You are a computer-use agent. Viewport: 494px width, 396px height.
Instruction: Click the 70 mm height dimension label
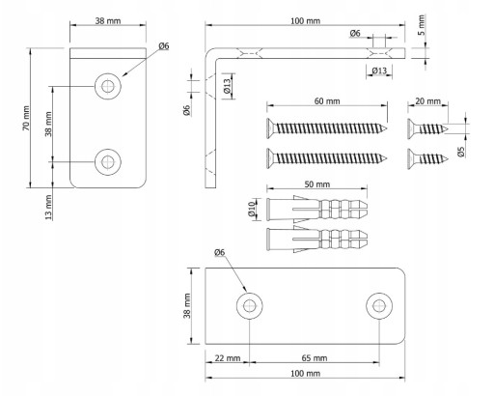coord(26,118)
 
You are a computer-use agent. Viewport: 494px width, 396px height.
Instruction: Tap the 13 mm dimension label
coord(48,207)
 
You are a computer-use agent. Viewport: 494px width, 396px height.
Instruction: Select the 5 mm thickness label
coord(422,25)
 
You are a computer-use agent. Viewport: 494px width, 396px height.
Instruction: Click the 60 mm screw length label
coord(327,101)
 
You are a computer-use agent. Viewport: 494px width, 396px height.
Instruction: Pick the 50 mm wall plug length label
coord(317,184)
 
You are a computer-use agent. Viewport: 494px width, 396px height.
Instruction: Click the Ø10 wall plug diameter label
coord(252,209)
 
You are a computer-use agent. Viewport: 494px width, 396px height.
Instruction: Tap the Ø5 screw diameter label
coord(461,152)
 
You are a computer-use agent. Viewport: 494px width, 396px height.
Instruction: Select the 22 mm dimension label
coord(228,358)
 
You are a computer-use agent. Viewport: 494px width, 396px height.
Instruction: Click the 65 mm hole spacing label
coord(315,358)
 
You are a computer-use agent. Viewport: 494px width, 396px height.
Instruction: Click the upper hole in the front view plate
coord(108,86)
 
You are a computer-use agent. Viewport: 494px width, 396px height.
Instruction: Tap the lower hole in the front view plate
coord(108,162)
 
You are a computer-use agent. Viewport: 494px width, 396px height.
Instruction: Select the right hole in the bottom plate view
coord(379,306)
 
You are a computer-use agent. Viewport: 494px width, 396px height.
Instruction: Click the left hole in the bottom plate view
coord(250,306)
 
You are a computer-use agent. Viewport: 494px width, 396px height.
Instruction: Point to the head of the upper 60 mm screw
coord(270,128)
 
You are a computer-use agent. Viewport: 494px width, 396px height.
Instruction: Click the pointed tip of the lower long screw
coord(387,158)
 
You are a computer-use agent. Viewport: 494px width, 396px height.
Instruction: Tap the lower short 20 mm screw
coord(427,158)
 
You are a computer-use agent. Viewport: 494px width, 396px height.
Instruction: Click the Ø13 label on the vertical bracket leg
coord(228,86)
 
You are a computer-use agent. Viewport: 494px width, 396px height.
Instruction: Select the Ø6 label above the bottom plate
coord(219,253)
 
